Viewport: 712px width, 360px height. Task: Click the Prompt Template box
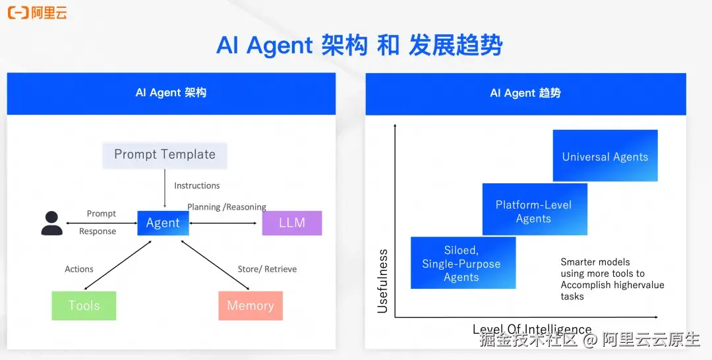tap(165, 155)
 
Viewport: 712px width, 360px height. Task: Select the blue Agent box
tap(163, 223)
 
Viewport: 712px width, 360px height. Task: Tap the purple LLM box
tap(292, 223)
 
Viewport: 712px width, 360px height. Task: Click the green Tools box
tap(84, 306)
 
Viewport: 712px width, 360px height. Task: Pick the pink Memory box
tap(251, 306)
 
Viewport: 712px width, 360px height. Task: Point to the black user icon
tap(51, 223)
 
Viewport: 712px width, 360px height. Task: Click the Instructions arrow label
tap(197, 186)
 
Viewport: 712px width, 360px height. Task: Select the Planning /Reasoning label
tap(227, 207)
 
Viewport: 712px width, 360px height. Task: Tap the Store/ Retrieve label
tap(267, 269)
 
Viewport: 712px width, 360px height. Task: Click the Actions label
tap(79, 269)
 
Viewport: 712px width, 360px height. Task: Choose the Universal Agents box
tap(605, 156)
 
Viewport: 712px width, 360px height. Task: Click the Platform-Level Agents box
tap(534, 211)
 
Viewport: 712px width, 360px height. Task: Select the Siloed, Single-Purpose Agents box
tap(462, 264)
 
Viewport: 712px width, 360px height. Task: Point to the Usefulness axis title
tap(382, 281)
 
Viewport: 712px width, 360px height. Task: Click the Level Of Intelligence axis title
tap(531, 329)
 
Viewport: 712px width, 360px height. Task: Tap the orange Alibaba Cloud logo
tap(37, 13)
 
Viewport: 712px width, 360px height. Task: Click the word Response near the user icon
tap(98, 231)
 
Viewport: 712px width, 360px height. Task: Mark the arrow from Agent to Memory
tap(215, 264)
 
